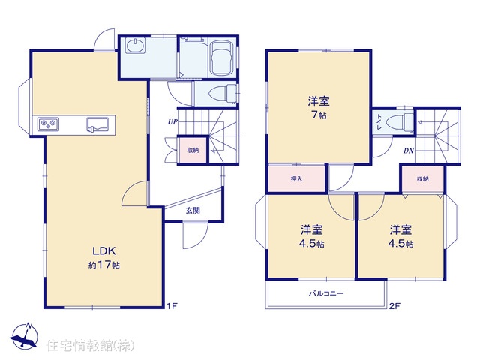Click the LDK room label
pos(104,251)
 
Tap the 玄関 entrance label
pos(193,211)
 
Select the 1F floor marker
pos(172,305)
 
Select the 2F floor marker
pos(395,305)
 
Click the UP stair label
pos(172,121)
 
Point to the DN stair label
pos(408,151)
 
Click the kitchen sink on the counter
pos(97,124)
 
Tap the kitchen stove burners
pos(48,124)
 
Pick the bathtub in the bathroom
pos(222,58)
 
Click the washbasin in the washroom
pos(135,46)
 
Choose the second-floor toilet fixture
pos(400,122)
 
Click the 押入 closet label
pos(297,178)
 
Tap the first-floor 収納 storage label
pos(193,150)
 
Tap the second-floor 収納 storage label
pos(423,178)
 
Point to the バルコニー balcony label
pos(326,293)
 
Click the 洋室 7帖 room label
pos(319,107)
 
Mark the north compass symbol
pos(25,335)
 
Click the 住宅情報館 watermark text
pos(90,345)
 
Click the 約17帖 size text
pos(104,265)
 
